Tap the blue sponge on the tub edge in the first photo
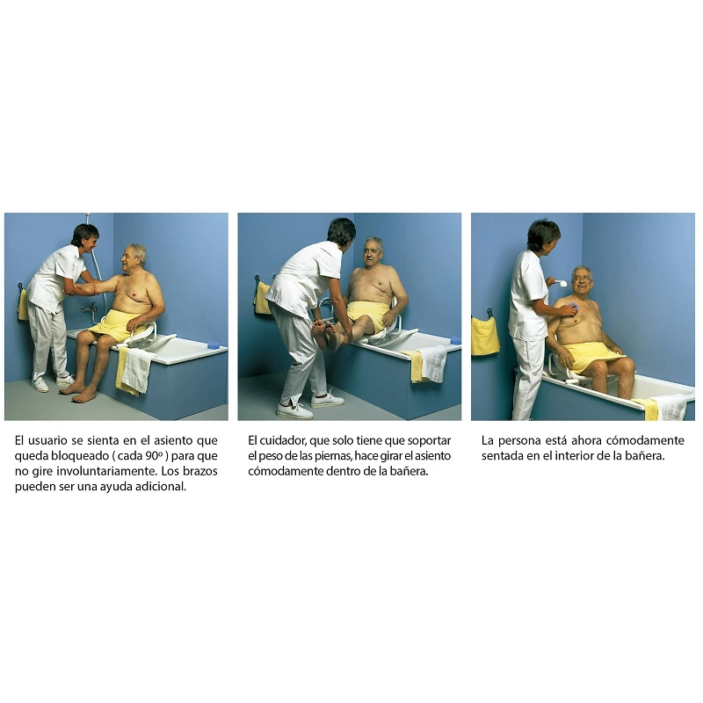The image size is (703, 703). pos(214,344)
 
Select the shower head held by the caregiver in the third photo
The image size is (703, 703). pos(560,282)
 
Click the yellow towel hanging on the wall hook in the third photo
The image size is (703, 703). pos(485,335)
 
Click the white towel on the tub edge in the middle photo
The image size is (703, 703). pos(434,362)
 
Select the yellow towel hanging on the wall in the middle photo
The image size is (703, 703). pos(262,298)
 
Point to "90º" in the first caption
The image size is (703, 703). pos(153,455)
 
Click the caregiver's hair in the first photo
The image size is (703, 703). pos(84,232)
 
